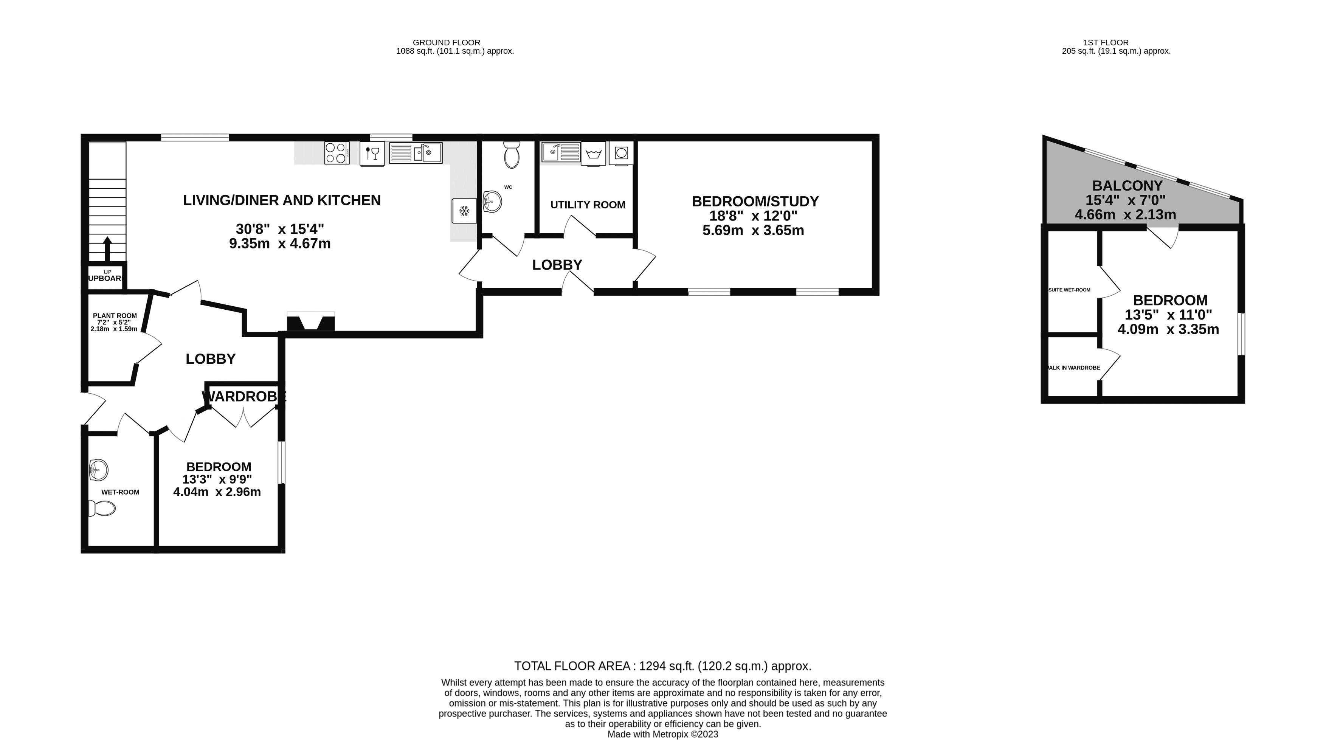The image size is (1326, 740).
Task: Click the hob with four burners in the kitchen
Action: (337, 153)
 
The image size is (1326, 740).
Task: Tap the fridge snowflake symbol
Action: (464, 211)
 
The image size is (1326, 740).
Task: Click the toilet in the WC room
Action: (512, 155)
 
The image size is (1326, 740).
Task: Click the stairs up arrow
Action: (108, 249)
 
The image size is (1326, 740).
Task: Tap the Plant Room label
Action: (115, 316)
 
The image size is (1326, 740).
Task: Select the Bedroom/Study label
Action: (755, 201)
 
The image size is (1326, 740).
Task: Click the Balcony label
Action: (1127, 185)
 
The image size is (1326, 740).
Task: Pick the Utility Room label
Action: (587, 205)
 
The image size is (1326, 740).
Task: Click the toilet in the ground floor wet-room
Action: (102, 508)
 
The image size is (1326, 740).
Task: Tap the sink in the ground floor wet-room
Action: (98, 470)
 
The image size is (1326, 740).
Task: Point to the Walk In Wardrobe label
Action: (1073, 368)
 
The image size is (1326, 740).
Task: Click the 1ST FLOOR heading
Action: (1105, 43)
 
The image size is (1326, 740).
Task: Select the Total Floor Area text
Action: (662, 666)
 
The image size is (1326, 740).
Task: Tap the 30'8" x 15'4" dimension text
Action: (279, 229)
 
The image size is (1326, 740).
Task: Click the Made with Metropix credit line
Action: (662, 734)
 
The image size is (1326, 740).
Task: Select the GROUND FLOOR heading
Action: (446, 43)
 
